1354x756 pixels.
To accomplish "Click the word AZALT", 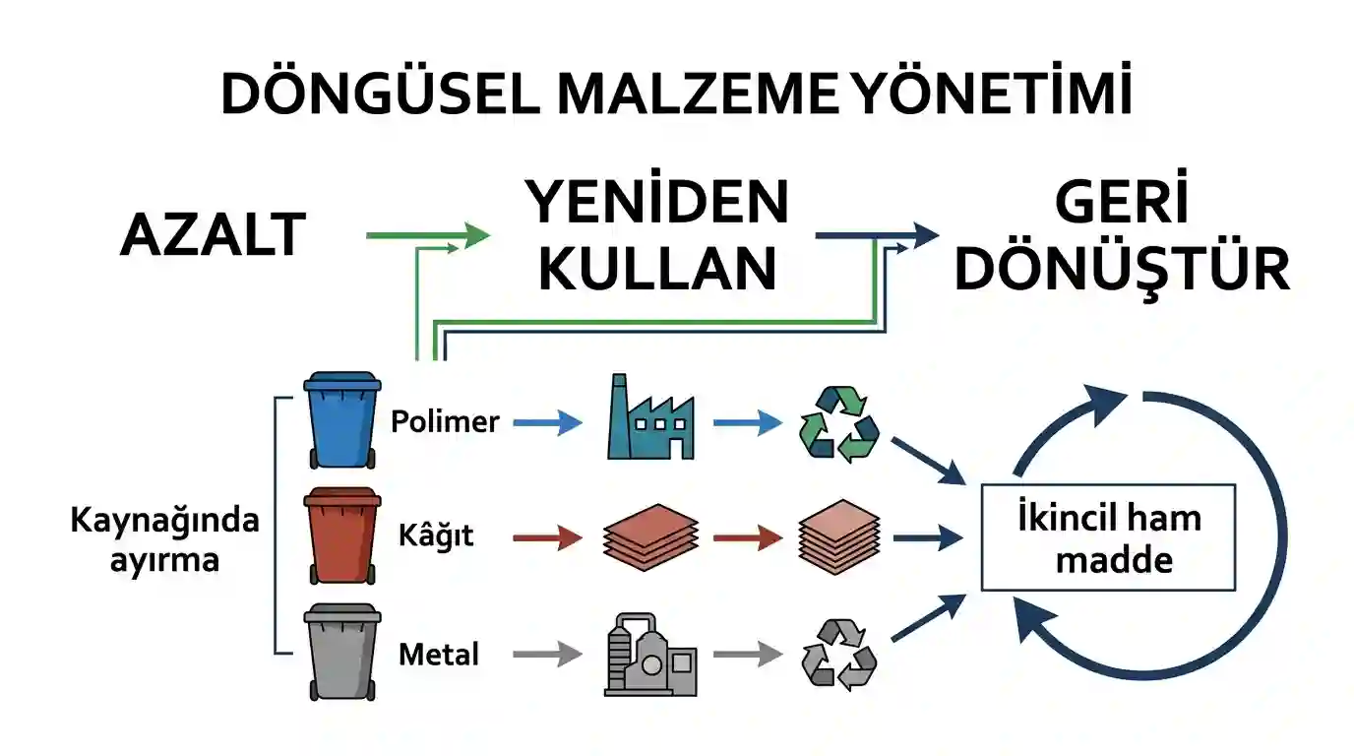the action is [x=214, y=234].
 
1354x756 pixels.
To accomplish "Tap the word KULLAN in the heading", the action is [x=657, y=268].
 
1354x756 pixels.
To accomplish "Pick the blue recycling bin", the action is [x=342, y=419].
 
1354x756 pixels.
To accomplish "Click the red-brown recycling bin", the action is [x=342, y=535].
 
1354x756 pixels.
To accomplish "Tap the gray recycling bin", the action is [x=342, y=652].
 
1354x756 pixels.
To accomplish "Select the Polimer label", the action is [x=445, y=421].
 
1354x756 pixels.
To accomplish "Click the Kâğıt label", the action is [x=435, y=535].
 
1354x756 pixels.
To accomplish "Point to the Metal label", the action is [x=439, y=654].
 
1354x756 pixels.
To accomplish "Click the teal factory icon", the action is [x=650, y=416].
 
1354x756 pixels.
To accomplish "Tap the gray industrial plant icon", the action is [x=650, y=655].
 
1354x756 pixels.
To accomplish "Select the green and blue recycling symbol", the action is [x=839, y=424].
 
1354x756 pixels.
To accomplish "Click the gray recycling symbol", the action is [x=839, y=655].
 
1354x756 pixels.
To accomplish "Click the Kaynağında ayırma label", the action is [x=164, y=539].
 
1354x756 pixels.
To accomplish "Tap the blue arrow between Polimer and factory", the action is [x=548, y=422].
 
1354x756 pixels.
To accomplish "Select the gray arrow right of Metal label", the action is [x=548, y=654].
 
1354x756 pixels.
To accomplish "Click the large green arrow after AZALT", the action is [x=428, y=235].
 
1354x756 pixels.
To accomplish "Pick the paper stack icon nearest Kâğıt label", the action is [x=651, y=537].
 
